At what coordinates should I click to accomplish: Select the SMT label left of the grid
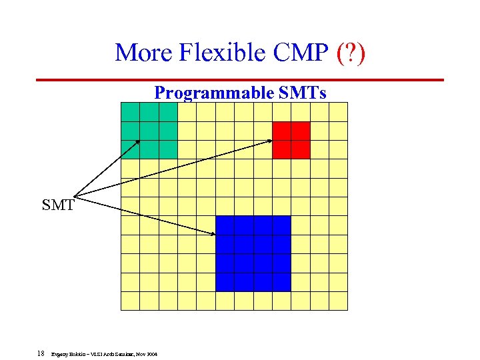click(x=58, y=205)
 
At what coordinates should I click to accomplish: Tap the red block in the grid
click(x=291, y=139)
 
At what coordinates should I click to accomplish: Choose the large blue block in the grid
click(x=253, y=253)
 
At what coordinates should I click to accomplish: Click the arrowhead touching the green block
click(x=137, y=141)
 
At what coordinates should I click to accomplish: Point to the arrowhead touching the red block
click(x=270, y=140)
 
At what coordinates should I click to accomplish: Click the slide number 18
click(x=41, y=355)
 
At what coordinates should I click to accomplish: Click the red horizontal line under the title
click(x=240, y=80)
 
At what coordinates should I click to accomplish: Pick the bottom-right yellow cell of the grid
click(x=339, y=301)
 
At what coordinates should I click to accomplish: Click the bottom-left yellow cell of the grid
click(x=130, y=301)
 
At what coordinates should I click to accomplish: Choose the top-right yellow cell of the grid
click(x=339, y=112)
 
